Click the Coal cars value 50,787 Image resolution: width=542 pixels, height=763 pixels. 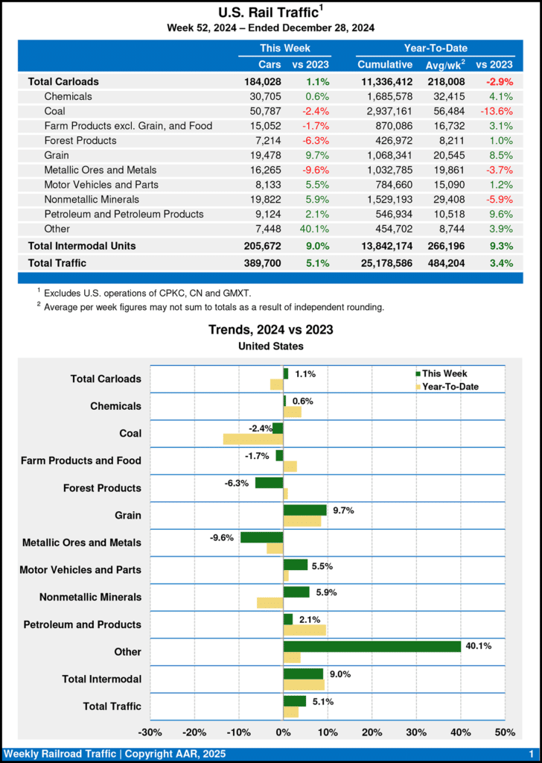[x=266, y=111]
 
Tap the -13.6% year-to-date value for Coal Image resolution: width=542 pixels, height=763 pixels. [x=494, y=111]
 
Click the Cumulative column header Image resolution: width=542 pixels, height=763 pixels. [x=384, y=65]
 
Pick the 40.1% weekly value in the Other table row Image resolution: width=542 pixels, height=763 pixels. [x=316, y=229]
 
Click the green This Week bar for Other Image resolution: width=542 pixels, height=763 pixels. [x=372, y=646]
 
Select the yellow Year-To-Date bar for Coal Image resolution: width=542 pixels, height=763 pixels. [x=253, y=440]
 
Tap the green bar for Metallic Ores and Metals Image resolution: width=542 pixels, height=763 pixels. [x=261, y=536]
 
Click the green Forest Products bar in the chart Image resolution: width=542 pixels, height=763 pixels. [x=269, y=482]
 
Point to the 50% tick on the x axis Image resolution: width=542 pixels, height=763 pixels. [x=504, y=732]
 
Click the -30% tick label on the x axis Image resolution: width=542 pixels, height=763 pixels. [x=151, y=732]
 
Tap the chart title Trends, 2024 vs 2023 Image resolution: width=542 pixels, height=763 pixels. [x=270, y=329]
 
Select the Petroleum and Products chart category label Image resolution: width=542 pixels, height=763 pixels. [x=82, y=624]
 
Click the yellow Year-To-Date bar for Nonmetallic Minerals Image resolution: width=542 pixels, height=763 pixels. [x=270, y=602]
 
